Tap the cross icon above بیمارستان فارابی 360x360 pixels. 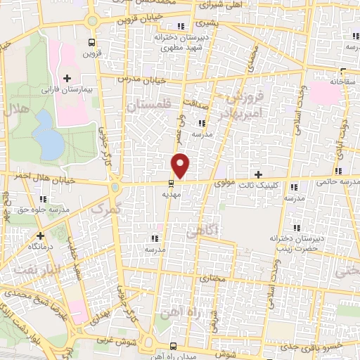tap(67, 78)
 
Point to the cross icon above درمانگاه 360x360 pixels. tap(40, 236)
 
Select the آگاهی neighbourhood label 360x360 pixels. tap(205, 230)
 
